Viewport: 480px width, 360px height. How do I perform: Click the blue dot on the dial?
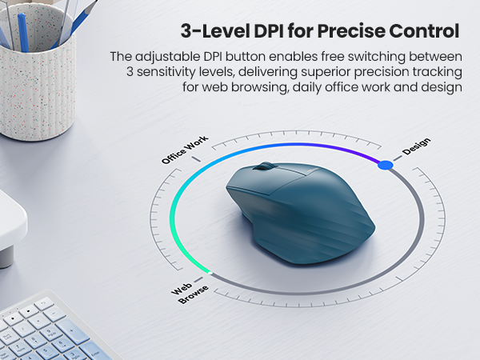click(x=385, y=165)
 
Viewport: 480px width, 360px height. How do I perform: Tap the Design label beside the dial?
click(x=416, y=148)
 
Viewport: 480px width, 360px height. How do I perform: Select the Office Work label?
click(x=185, y=149)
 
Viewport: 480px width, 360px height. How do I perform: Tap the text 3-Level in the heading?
click(x=204, y=31)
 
